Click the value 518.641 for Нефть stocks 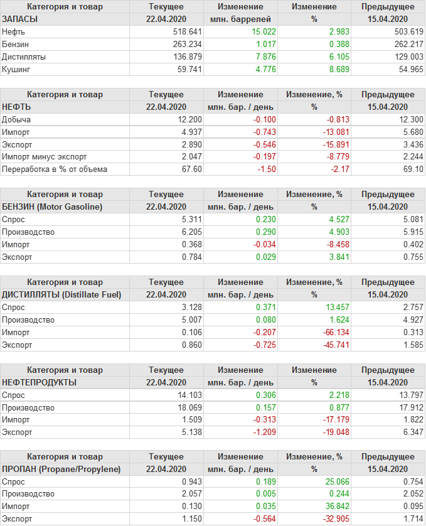click(x=187, y=31)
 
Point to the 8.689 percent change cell click(x=331, y=69)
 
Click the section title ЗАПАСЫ click(x=20, y=19)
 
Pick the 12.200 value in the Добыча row click(x=189, y=119)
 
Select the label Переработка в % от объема click(x=55, y=169)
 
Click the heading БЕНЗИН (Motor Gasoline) click(x=53, y=207)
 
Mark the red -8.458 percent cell click(x=330, y=244)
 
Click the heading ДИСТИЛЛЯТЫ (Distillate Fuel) click(x=62, y=294)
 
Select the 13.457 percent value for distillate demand click(x=329, y=307)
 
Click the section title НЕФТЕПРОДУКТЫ click(x=40, y=382)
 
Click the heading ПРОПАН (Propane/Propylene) click(x=61, y=470)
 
